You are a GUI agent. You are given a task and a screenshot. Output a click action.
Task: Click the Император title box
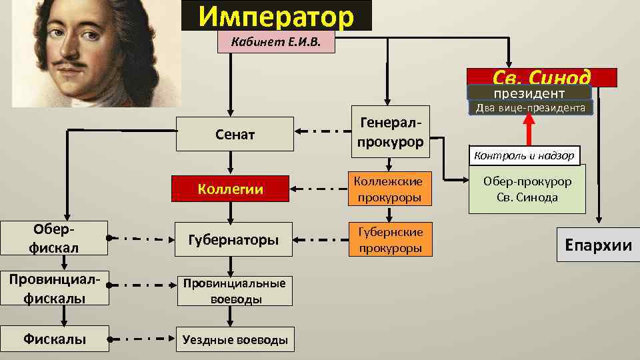(277, 16)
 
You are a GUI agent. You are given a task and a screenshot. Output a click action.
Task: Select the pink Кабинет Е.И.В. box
(276, 43)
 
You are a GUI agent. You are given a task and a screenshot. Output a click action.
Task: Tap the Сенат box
(235, 135)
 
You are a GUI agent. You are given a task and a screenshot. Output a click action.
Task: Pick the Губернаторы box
(235, 239)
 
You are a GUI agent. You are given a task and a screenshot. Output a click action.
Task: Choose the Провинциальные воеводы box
(235, 290)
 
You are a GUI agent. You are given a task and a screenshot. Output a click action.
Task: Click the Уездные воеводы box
(235, 339)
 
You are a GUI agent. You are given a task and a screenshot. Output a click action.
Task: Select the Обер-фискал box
(53, 238)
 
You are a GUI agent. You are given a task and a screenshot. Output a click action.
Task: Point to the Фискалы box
(53, 339)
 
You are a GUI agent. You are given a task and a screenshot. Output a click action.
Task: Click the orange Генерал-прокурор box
(390, 132)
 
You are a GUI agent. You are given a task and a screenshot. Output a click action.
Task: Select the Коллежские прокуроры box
(390, 189)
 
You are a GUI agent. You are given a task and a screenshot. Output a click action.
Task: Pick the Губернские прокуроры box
(390, 239)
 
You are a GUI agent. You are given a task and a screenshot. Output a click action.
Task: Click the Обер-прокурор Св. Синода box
(527, 189)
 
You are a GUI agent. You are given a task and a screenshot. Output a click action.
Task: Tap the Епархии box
(598, 245)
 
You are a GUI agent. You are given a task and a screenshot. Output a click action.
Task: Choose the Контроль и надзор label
(525, 156)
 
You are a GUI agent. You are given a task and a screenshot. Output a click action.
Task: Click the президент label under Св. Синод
(529, 93)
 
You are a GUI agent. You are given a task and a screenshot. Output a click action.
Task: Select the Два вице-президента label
(529, 108)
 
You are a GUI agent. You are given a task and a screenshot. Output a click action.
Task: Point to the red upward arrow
(530, 130)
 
